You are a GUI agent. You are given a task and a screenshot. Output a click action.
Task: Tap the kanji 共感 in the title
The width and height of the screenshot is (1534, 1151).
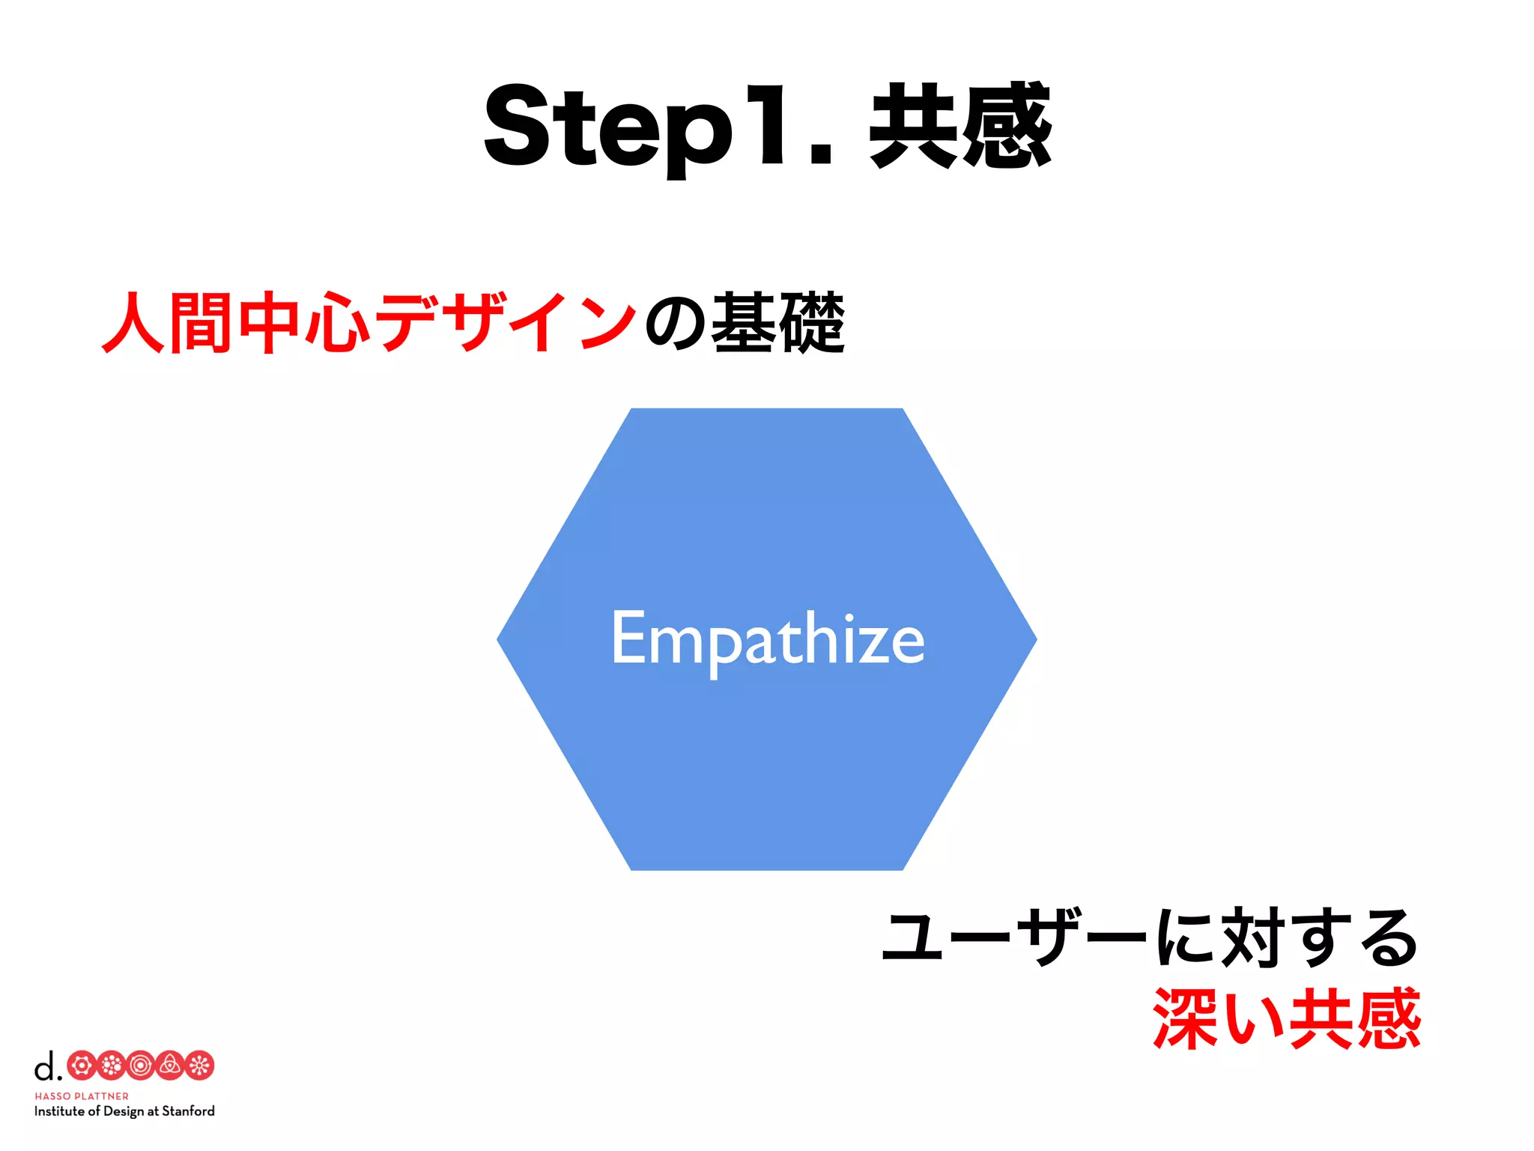960,126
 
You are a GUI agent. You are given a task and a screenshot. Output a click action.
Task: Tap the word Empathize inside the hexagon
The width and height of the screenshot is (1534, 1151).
767,639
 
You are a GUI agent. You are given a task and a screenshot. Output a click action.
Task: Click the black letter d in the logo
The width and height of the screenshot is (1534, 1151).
46,1066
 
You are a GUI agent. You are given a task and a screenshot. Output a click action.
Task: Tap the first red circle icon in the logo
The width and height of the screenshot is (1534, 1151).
82,1066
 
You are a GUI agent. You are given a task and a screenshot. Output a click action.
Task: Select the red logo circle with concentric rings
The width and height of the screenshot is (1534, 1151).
141,1066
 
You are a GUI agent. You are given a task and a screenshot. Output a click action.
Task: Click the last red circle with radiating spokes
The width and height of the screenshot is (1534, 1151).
200,1066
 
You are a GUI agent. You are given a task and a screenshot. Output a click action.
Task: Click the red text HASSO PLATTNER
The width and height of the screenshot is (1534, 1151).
82,1096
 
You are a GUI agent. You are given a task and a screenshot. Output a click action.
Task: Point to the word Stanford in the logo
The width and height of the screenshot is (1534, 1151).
188,1111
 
